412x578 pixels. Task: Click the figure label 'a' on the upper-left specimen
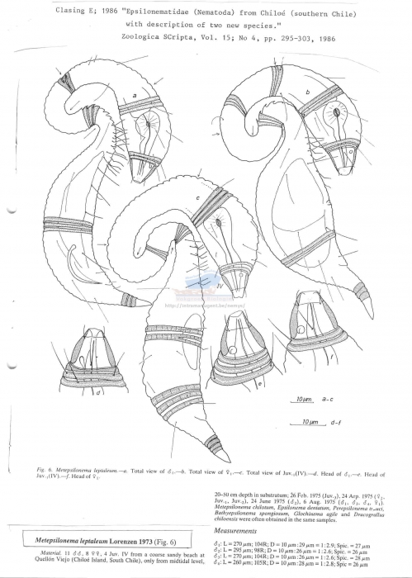134,95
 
